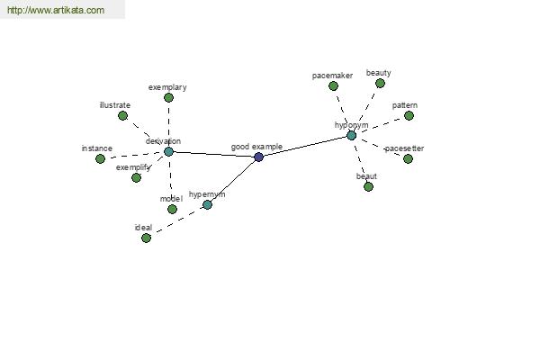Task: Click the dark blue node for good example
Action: click(258, 157)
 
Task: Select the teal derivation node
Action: click(168, 151)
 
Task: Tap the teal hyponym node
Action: click(351, 135)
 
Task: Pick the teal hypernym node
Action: click(207, 204)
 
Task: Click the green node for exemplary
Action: click(168, 97)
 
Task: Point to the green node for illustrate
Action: click(122, 115)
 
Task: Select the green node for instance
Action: click(100, 158)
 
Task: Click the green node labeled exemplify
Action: click(136, 177)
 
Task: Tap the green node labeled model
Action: click(172, 209)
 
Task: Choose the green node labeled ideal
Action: click(146, 238)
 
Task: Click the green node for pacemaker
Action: click(333, 85)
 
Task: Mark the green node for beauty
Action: click(380, 83)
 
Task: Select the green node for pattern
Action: click(409, 115)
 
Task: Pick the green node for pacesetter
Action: click(408, 158)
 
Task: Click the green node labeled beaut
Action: click(368, 186)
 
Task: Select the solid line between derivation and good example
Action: click(213, 154)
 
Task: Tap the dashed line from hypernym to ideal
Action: click(176, 221)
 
